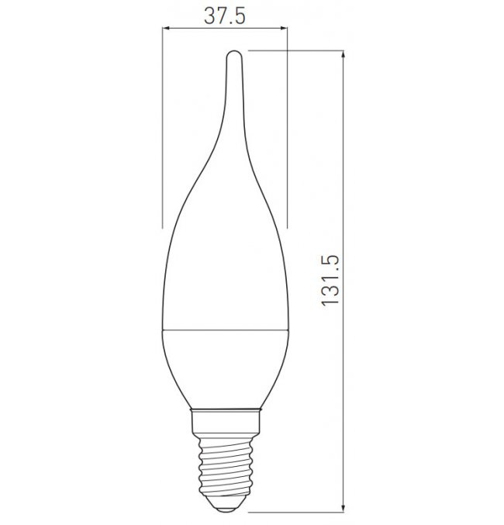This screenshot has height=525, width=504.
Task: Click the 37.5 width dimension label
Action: [225, 16]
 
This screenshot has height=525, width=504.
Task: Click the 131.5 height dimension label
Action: [330, 280]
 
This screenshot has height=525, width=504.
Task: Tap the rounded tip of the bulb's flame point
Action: [233, 52]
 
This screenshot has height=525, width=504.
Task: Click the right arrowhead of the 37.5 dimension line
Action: [284, 29]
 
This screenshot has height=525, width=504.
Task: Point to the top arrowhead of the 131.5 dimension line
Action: [343, 54]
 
